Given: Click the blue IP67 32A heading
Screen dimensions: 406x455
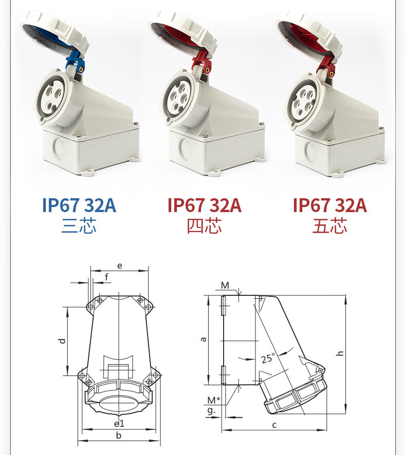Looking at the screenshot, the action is click(x=79, y=205).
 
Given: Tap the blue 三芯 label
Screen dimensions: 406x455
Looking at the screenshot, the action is click(x=79, y=226).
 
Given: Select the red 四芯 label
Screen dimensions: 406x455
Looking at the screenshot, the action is click(x=204, y=226).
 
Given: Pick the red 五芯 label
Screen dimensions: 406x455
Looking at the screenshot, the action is click(x=329, y=226).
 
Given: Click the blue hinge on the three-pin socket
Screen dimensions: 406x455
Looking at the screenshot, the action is click(x=75, y=62).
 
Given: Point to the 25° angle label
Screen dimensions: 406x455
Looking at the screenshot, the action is click(x=267, y=358).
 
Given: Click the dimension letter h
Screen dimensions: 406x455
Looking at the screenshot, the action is click(x=340, y=353).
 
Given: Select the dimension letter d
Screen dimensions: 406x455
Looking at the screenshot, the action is click(x=62, y=341).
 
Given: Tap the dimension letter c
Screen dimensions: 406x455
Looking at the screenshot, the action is click(x=274, y=425).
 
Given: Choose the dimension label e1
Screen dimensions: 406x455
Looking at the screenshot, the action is click(x=119, y=424).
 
